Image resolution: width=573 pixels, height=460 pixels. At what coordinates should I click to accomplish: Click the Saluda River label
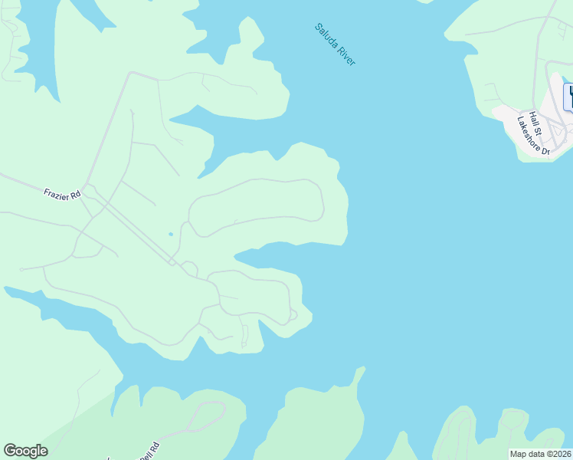click(336, 44)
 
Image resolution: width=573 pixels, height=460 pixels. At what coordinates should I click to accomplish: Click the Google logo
click(25, 451)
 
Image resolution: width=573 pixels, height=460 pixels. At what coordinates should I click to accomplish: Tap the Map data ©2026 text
click(541, 454)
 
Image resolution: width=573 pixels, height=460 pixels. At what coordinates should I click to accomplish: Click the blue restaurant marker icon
click(568, 97)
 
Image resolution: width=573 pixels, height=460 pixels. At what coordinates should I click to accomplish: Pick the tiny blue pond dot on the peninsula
click(170, 234)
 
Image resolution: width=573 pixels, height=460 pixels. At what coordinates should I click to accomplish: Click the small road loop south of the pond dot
click(189, 268)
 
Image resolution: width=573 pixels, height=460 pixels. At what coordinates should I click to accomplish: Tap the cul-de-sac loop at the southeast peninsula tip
click(291, 314)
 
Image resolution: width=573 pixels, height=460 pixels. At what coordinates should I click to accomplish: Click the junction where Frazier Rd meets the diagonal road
click(87, 185)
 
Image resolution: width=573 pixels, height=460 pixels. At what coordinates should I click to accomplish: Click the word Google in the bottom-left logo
click(25, 451)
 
